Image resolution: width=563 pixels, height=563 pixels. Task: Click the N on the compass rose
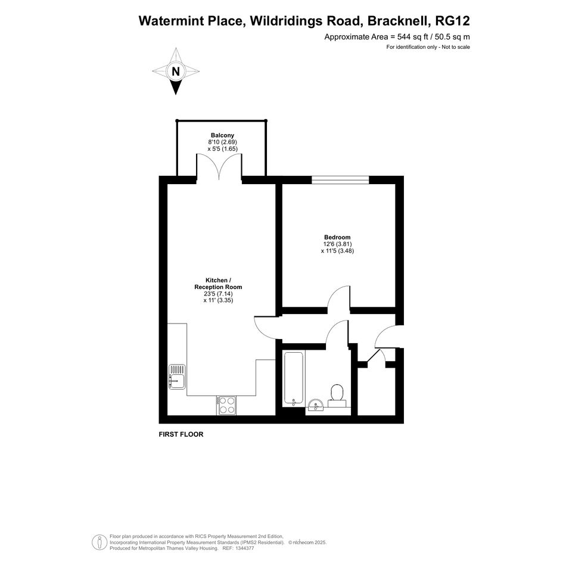[176, 71]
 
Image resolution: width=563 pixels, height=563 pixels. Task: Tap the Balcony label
[222, 135]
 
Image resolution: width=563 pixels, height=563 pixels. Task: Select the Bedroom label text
[337, 237]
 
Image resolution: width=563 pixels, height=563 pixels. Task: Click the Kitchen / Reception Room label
[218, 284]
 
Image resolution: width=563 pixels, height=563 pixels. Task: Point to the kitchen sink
[177, 377]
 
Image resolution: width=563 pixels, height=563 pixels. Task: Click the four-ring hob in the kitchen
[226, 405]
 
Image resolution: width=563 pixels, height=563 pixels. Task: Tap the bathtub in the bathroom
[294, 378]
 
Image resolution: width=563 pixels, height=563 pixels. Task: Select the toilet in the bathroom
[337, 396]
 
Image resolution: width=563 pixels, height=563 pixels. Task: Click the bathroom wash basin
[316, 405]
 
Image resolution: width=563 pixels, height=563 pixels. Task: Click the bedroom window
[340, 179]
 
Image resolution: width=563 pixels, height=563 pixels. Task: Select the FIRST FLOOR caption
[181, 434]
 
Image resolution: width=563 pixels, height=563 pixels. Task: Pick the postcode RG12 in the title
[452, 21]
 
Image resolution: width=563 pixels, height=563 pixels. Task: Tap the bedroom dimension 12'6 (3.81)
[337, 244]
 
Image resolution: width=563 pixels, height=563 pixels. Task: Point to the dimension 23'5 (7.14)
[218, 293]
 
